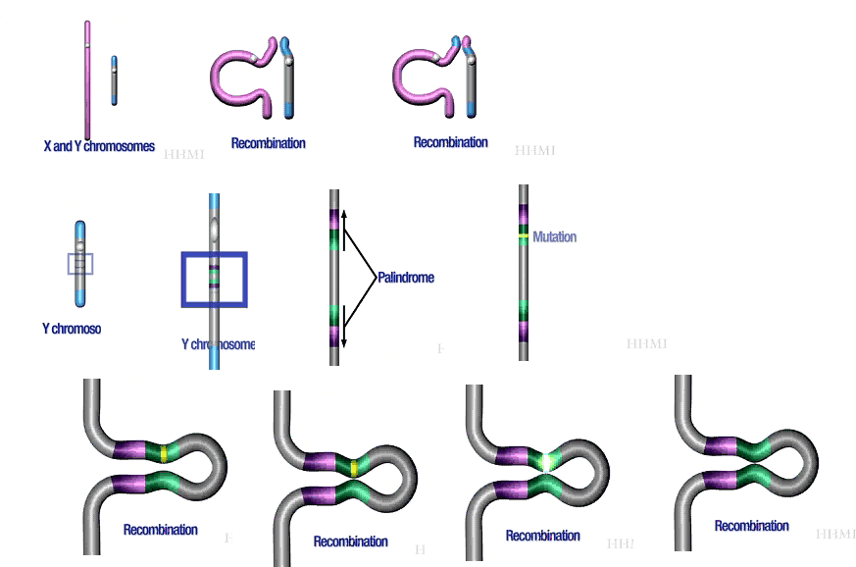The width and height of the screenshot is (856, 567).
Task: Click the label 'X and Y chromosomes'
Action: pyautogui.click(x=99, y=146)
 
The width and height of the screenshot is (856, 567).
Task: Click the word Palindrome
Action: pyautogui.click(x=406, y=278)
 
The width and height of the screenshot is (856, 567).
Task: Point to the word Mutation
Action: pyautogui.click(x=554, y=236)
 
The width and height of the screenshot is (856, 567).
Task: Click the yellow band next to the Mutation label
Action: pyautogui.click(x=524, y=236)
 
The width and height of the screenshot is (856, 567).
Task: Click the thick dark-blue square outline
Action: pyautogui.click(x=214, y=280)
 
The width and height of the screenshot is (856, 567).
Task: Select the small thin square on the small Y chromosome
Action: pyautogui.click(x=80, y=264)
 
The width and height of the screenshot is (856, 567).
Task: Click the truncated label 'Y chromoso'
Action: pyautogui.click(x=72, y=329)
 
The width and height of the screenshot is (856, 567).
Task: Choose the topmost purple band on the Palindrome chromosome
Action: pyautogui.click(x=334, y=219)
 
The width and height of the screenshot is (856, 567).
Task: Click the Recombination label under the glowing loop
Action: pyautogui.click(x=542, y=536)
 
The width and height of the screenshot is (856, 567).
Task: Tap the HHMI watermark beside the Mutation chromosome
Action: pyautogui.click(x=646, y=344)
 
